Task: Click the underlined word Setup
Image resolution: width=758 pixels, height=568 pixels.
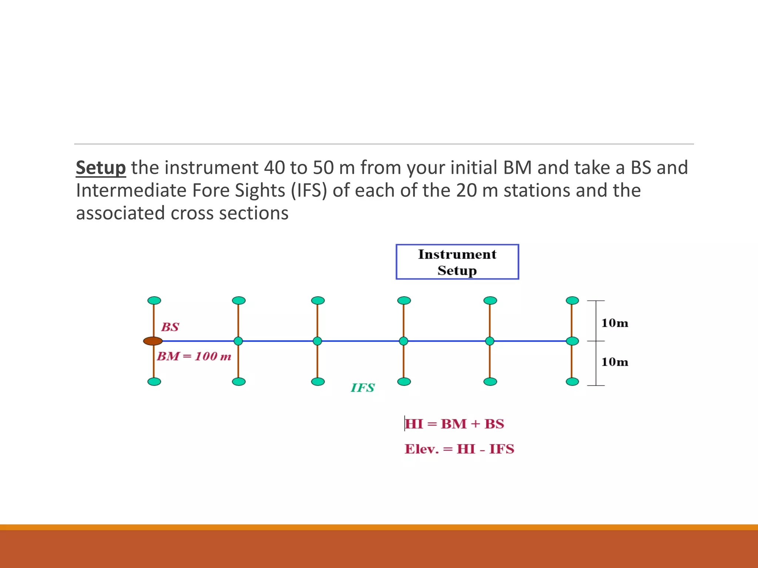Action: click(101, 168)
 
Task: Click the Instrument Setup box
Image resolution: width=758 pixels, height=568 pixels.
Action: click(457, 262)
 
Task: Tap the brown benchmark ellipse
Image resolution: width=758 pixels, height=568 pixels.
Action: click(153, 341)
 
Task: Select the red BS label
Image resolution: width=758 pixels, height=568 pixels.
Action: click(170, 327)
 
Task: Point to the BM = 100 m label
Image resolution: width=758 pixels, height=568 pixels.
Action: click(194, 356)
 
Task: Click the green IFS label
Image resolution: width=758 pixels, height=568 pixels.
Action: click(363, 388)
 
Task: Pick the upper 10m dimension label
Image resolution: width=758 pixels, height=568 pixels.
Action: click(615, 323)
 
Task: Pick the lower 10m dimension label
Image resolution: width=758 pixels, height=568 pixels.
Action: click(615, 362)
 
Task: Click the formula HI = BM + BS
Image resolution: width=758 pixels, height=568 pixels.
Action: click(455, 424)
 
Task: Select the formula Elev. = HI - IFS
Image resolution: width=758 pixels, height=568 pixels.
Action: click(459, 449)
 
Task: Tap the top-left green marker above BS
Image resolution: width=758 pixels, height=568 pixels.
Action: click(154, 300)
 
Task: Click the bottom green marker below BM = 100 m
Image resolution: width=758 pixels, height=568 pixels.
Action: click(154, 382)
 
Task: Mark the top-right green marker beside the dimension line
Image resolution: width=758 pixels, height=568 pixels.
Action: click(573, 300)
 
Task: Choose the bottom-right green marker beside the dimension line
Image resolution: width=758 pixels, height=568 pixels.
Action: click(573, 382)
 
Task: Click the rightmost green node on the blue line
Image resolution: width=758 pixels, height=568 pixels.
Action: click(573, 341)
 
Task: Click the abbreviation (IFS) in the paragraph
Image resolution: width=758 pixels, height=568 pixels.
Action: click(309, 190)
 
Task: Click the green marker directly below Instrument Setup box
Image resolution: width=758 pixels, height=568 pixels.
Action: click(404, 300)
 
